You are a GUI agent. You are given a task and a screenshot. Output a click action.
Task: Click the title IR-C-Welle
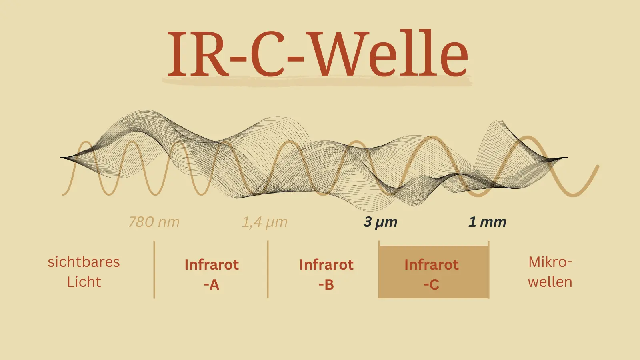click(318, 54)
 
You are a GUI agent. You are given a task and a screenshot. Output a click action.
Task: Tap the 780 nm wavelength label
click(154, 222)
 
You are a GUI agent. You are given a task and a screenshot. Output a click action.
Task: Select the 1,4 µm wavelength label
click(264, 222)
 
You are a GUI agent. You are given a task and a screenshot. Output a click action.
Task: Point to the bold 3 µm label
click(380, 222)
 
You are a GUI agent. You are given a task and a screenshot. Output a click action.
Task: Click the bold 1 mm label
click(488, 222)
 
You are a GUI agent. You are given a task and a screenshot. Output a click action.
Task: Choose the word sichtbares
click(84, 262)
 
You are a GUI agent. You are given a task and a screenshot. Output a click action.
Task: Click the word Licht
click(84, 282)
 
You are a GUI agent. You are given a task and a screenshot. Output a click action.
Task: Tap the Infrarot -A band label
click(212, 274)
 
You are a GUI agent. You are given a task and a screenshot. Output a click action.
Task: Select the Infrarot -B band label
click(326, 274)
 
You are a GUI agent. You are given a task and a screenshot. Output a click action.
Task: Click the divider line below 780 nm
click(154, 270)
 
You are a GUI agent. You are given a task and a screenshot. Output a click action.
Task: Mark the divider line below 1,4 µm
click(268, 270)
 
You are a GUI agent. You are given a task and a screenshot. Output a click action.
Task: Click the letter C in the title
click(267, 54)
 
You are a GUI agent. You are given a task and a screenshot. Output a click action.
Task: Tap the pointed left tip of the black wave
click(60, 158)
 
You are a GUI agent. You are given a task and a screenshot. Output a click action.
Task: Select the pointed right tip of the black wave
click(568, 158)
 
